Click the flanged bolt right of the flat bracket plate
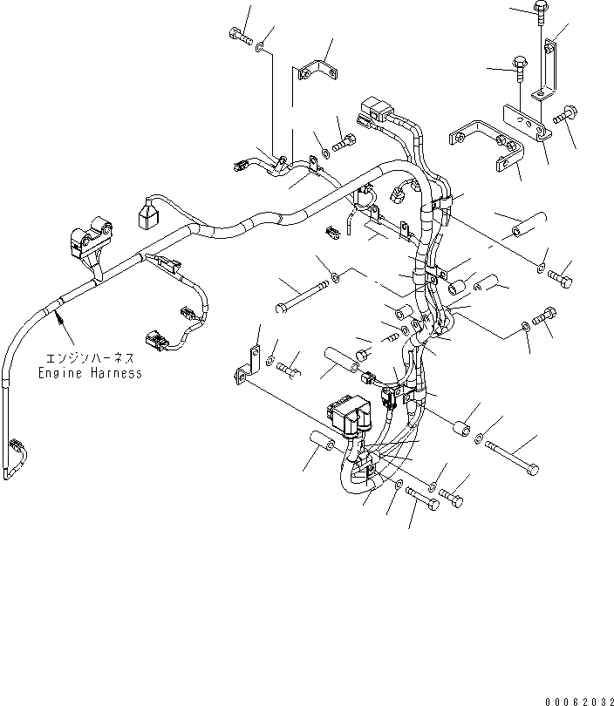click(x=563, y=115)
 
